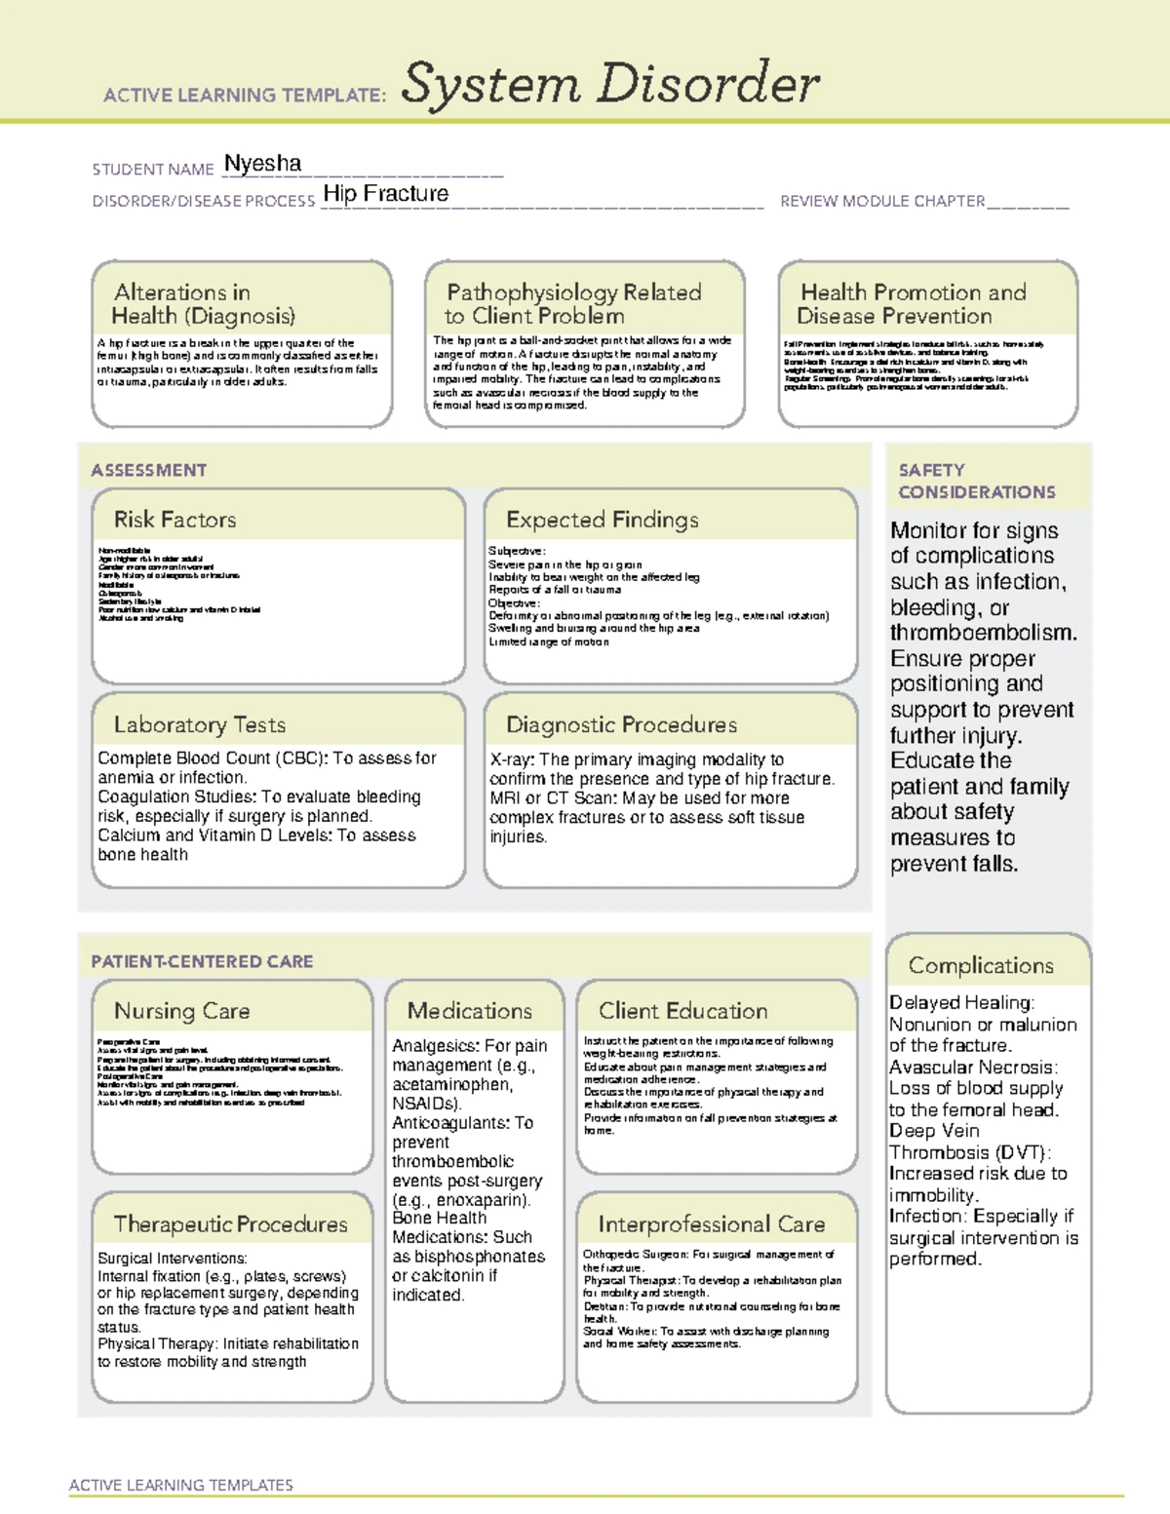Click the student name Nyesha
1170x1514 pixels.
[262, 164]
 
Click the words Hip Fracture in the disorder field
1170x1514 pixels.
[385, 194]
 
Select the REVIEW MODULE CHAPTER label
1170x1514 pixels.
[881, 201]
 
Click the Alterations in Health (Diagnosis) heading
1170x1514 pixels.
[203, 304]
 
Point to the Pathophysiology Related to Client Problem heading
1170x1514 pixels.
[572, 304]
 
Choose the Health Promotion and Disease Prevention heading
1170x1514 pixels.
[912, 304]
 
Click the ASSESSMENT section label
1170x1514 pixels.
[148, 470]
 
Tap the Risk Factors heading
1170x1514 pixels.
[175, 520]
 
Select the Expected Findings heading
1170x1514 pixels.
[602, 520]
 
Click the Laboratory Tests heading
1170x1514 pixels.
[199, 724]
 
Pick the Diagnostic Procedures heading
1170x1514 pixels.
[621, 724]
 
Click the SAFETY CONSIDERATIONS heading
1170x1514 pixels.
[976, 481]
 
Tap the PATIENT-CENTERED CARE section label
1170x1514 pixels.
[202, 961]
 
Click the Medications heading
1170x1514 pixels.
[469, 1011]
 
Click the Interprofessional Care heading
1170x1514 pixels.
[711, 1223]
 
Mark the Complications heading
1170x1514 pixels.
[980, 965]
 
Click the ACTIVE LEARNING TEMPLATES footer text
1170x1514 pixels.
[180, 1485]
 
